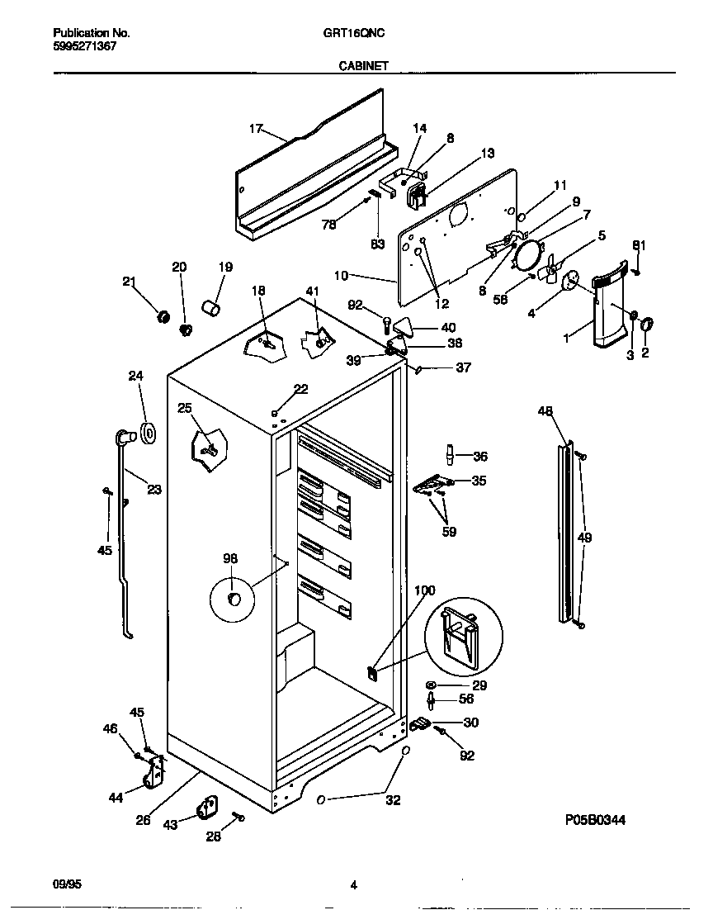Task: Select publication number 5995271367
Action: (x=84, y=46)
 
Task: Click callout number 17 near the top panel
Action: (x=256, y=128)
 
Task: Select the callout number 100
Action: (x=424, y=590)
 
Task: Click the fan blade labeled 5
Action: (x=550, y=268)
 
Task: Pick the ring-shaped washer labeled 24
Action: (x=149, y=432)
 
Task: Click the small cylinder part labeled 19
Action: (x=213, y=309)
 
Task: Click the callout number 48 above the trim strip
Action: (x=545, y=411)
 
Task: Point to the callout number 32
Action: (x=393, y=799)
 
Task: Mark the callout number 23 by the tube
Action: (x=153, y=490)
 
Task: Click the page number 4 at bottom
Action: (x=353, y=886)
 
